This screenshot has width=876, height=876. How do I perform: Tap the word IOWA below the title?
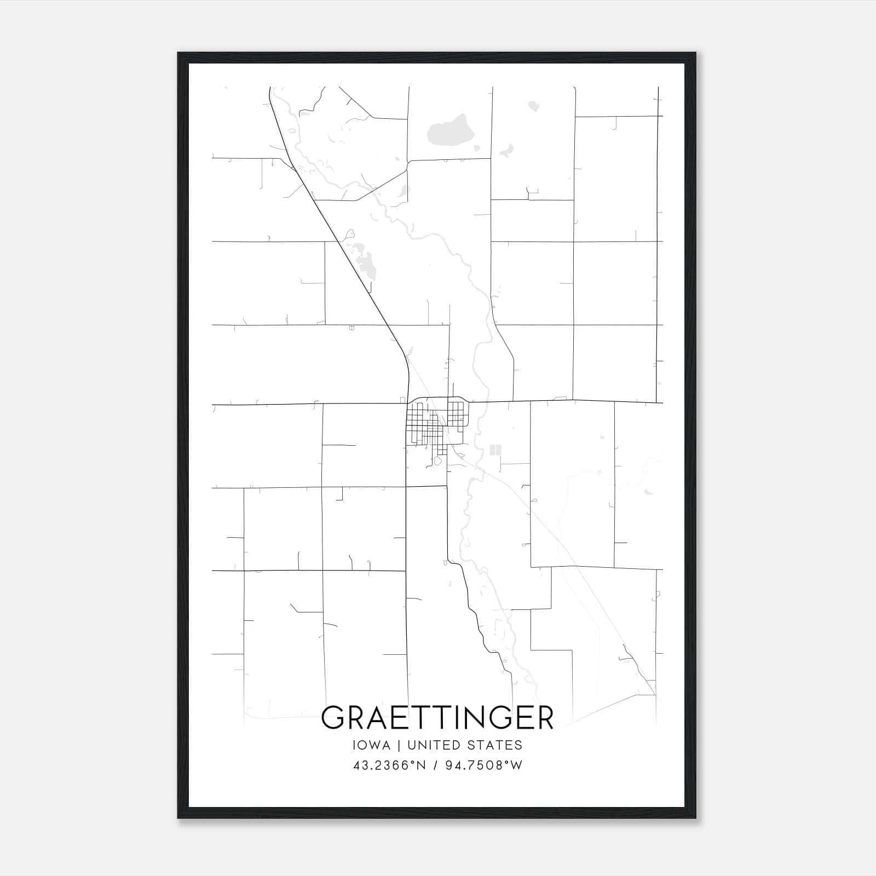372,745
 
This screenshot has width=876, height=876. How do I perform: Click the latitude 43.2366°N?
389,765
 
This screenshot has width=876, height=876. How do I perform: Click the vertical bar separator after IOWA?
399,745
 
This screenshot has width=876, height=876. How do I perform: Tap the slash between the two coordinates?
435,765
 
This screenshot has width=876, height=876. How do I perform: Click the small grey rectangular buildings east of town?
495,450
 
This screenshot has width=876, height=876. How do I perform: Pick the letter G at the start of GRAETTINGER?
333,718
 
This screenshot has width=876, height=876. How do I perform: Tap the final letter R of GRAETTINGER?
544,718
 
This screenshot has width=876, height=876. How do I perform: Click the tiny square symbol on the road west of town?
351,327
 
